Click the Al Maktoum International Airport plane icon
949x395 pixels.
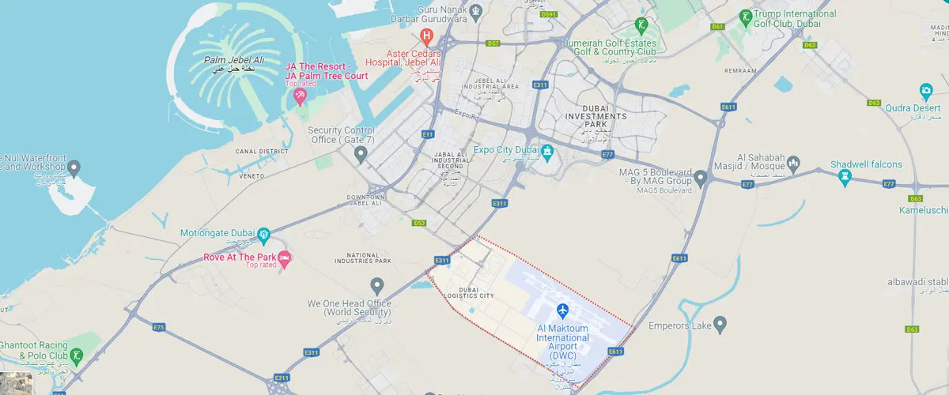point(562,309)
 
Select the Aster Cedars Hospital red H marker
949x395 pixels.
point(427,36)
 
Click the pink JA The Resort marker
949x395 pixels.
point(300,96)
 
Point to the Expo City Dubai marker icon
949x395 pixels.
point(546,150)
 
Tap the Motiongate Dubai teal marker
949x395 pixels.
point(264,233)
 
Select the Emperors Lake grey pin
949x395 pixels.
point(720,324)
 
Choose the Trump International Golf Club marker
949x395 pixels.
point(744,16)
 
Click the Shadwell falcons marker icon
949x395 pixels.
point(845,178)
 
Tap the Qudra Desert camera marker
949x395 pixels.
point(926,90)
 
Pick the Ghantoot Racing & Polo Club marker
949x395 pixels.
point(76,356)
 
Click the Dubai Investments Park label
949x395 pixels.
point(604,117)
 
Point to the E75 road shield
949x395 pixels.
point(159,326)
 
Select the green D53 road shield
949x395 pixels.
point(419,223)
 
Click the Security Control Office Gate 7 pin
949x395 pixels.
point(361,153)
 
